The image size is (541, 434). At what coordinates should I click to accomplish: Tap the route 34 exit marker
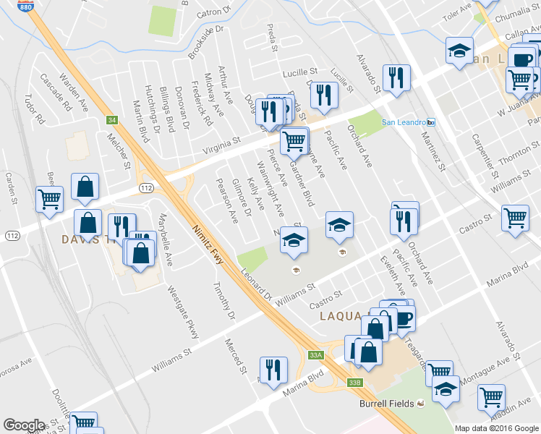coord(111,120)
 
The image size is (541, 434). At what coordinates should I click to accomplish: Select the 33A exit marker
coord(315,355)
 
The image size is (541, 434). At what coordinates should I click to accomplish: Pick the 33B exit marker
coord(354,382)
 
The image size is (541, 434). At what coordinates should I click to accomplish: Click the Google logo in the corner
coord(24,425)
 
